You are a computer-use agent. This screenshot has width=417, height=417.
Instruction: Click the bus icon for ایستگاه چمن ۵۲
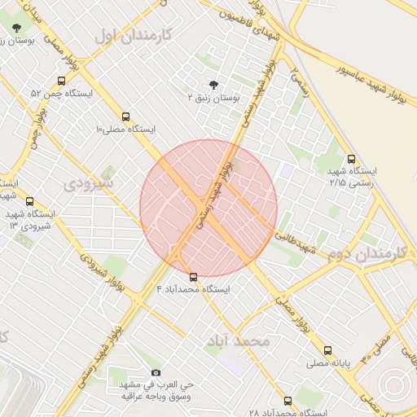62,81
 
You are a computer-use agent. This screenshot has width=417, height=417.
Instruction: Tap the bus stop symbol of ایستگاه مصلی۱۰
125,116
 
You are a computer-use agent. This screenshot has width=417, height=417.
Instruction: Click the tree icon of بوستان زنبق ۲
213,84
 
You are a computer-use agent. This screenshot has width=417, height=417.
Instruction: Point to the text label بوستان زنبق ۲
213,98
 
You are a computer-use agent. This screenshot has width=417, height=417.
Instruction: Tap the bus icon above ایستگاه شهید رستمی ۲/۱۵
351,159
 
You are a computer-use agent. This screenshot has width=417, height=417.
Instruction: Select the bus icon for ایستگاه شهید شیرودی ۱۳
30,201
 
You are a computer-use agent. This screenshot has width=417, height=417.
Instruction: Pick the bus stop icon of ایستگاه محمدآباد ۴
193,276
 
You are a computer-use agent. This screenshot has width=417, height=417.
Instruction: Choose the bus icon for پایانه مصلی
328,350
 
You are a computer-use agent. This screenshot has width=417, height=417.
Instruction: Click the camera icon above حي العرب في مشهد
156,372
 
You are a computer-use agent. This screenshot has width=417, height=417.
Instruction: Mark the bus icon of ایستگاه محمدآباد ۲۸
288,401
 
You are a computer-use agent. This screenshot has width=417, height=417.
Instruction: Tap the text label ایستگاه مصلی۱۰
125,129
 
